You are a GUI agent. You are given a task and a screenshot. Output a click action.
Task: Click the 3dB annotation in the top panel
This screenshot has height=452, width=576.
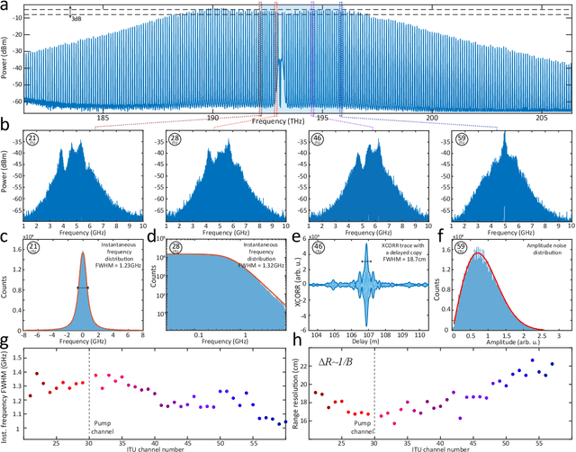coord(76,18)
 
